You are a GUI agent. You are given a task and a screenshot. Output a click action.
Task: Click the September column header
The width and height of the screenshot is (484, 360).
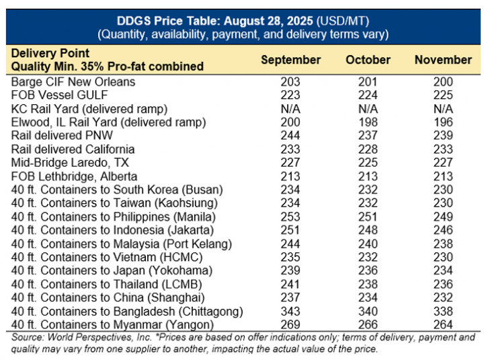click(x=290, y=60)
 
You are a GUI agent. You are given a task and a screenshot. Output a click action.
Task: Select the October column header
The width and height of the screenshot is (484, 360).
click(x=368, y=60)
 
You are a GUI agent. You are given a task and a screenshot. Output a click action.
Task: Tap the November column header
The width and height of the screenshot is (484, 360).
click(x=443, y=60)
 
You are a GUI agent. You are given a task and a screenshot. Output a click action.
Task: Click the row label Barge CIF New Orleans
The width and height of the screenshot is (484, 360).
click(x=73, y=81)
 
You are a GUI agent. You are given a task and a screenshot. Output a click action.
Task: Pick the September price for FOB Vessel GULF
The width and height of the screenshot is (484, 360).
click(x=290, y=94)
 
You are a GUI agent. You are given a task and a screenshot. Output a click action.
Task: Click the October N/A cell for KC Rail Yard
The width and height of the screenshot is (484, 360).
click(x=368, y=108)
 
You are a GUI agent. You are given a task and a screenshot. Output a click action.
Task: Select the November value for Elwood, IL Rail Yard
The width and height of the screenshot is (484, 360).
click(x=443, y=122)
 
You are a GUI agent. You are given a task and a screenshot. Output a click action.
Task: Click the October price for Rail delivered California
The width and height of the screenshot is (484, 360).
click(x=368, y=149)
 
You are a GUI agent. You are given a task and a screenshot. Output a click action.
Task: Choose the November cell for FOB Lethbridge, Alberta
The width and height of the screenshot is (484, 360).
click(x=443, y=176)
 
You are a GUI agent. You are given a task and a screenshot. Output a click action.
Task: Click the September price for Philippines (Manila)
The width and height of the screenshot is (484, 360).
click(x=290, y=217)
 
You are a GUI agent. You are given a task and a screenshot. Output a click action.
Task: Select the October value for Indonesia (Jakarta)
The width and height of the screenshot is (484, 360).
click(x=368, y=230)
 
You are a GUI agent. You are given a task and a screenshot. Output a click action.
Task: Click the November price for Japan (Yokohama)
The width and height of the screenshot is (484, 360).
click(x=443, y=271)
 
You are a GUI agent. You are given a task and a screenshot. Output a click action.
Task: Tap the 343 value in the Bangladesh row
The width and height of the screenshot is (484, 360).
click(x=290, y=312)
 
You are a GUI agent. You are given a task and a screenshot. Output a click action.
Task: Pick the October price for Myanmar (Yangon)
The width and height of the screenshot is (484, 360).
click(x=368, y=325)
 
